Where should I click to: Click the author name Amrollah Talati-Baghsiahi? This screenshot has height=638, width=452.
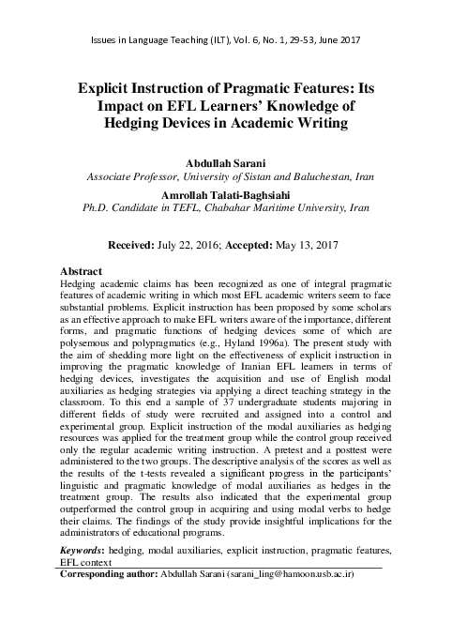(x=226, y=194)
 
